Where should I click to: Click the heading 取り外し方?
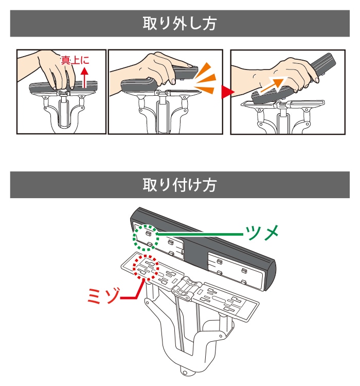click(179, 23)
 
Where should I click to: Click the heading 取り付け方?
click(179, 185)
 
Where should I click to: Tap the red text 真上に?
click(75, 60)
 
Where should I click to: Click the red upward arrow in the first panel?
click(85, 77)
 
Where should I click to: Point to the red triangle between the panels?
click(227, 92)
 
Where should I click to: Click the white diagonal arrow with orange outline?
click(274, 85)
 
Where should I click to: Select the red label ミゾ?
click(104, 295)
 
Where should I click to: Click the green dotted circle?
click(145, 238)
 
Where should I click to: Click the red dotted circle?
click(146, 267)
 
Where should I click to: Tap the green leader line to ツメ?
click(200, 234)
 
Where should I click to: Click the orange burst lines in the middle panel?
click(205, 78)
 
